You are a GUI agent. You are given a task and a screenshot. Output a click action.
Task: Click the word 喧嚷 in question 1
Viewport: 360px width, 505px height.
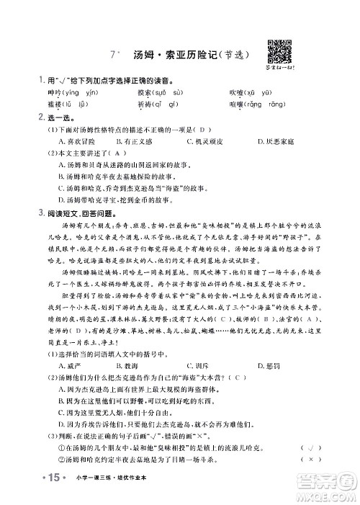point(237,105)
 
